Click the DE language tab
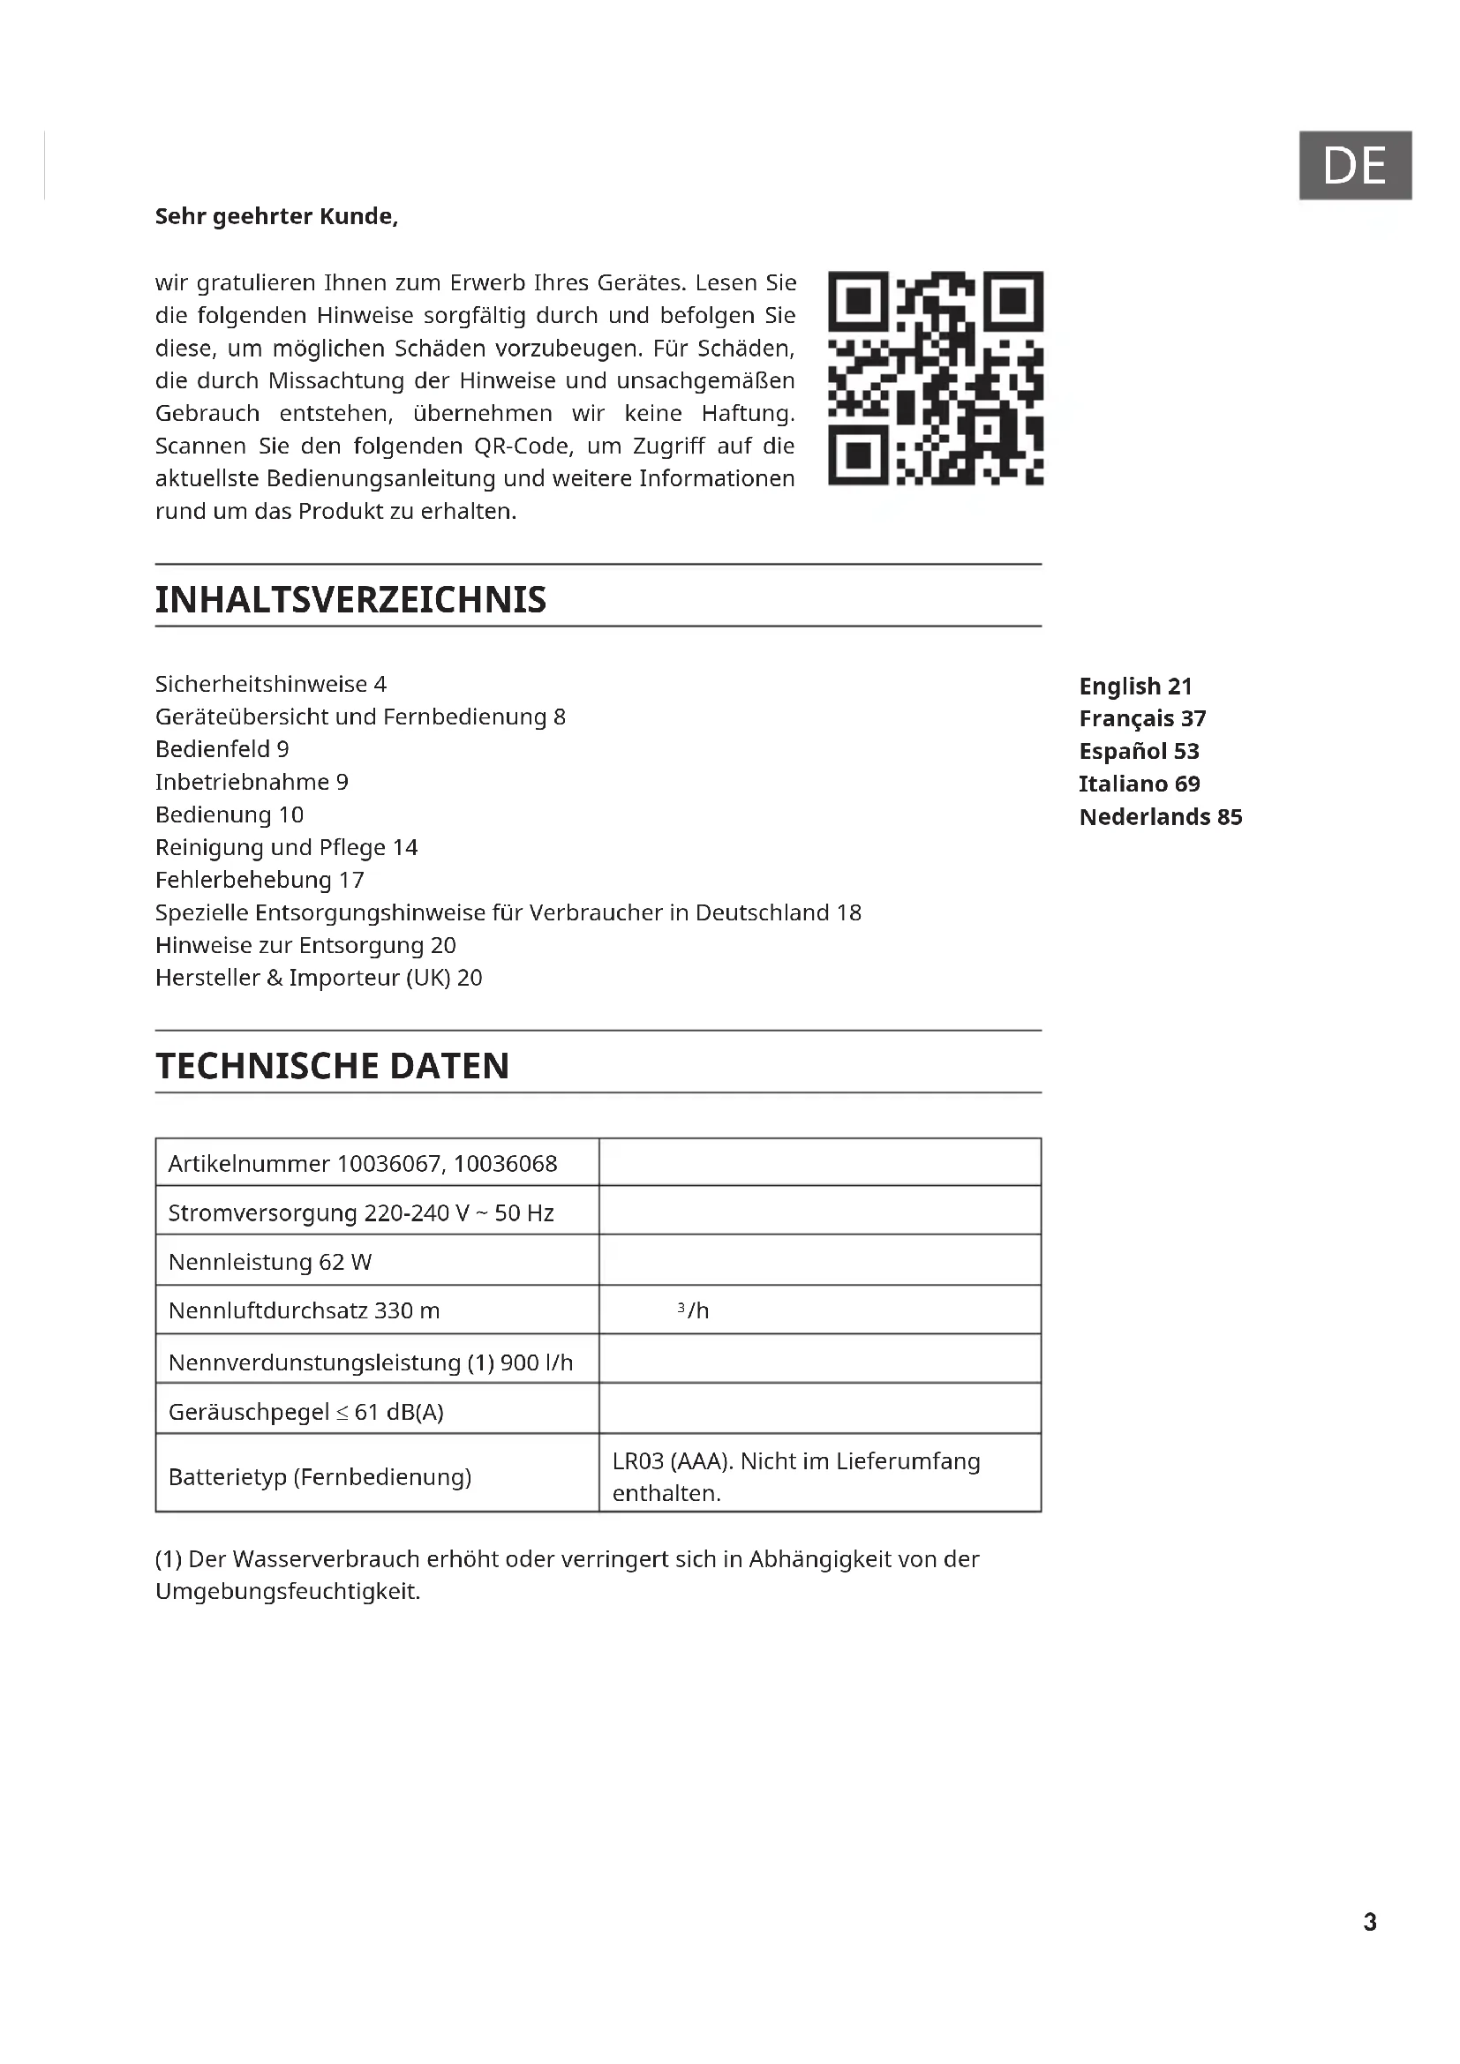1354,165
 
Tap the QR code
935,378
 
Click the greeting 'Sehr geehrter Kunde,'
276,217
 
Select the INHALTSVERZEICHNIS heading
350,599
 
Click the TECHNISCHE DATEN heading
332,1066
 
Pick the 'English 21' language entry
1134,686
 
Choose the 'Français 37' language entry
1141,718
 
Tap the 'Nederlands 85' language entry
1160,817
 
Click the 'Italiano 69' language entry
1139,784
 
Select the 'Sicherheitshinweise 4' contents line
271,684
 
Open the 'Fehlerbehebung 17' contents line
259,880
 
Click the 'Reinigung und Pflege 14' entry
286,848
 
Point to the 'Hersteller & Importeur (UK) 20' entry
319,978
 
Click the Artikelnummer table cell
362,1164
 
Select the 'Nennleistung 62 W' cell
270,1262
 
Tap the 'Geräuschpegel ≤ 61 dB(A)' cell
305,1412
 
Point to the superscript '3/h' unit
693,1310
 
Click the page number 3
1369,1922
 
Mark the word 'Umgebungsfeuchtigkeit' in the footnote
287,1592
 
